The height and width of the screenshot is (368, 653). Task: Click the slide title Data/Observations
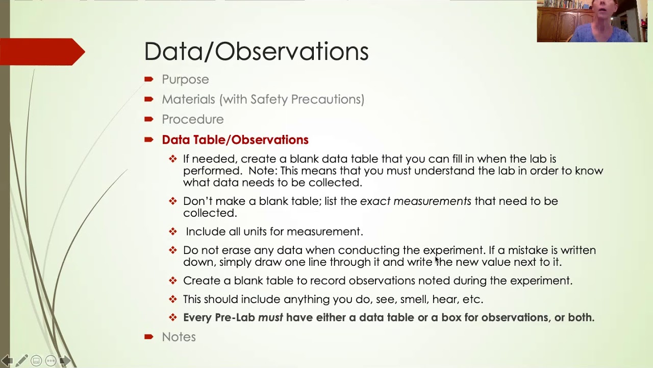pos(256,52)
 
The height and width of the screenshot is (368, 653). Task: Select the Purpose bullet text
pos(185,79)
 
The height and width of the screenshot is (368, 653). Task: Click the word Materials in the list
pos(188,99)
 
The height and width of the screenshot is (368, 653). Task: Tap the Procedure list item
pos(192,119)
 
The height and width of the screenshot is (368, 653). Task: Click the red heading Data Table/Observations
pos(235,140)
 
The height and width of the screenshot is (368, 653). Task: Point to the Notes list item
pos(179,337)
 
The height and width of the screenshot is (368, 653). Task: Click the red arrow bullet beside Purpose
pos(149,79)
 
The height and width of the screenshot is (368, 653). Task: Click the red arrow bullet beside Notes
pos(149,336)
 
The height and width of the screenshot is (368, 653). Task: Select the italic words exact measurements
pos(415,201)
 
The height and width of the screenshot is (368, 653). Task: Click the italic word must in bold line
pos(270,317)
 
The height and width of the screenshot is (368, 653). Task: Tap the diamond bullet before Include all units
pos(173,232)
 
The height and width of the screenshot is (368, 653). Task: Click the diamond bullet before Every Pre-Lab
pos(173,317)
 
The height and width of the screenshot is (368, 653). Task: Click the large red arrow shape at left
pos(43,52)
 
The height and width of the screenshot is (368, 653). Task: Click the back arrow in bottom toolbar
pos(6,361)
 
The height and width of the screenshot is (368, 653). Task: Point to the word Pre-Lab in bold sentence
pos(235,317)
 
